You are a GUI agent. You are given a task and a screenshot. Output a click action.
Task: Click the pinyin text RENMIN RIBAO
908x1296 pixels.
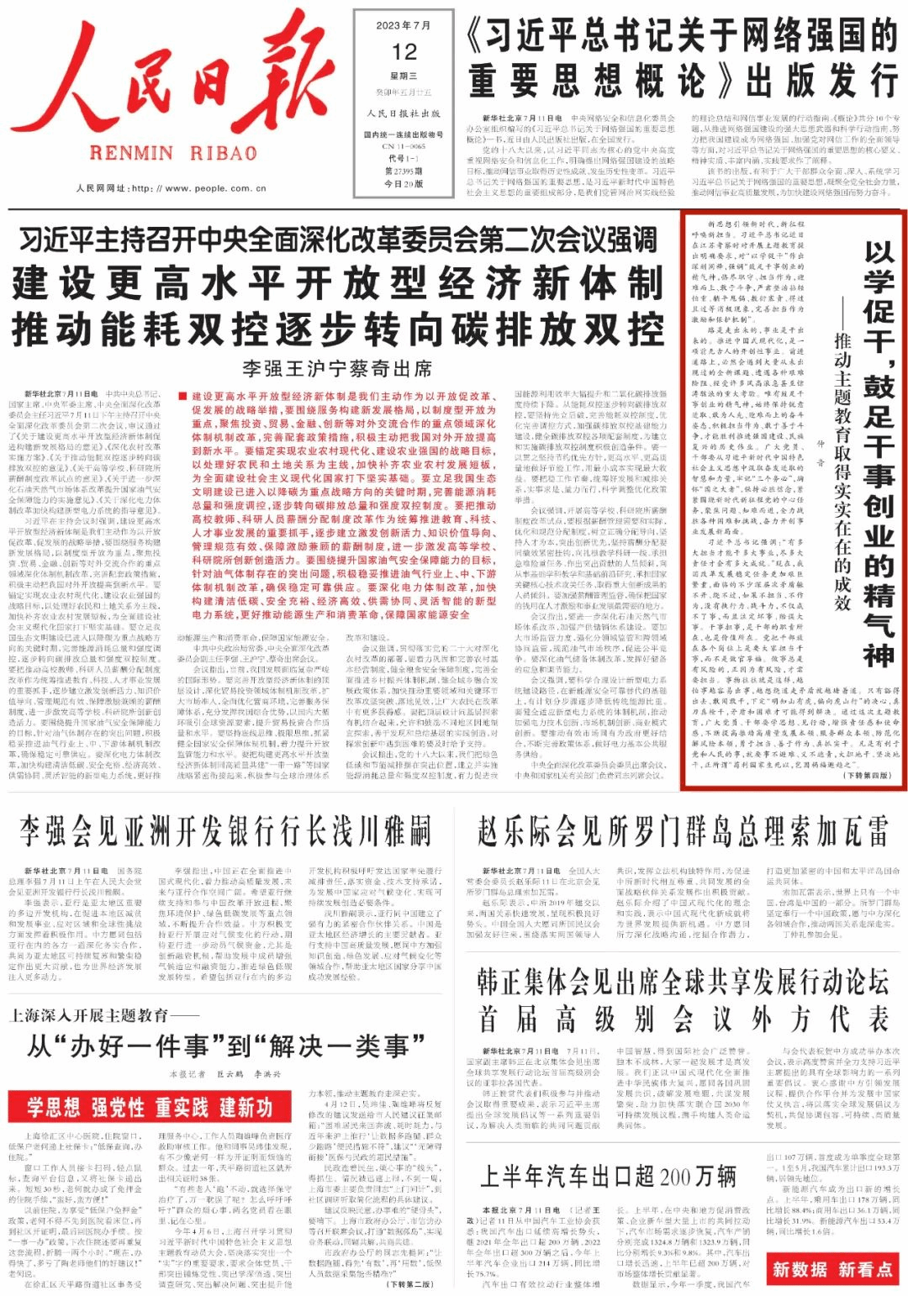[173, 153]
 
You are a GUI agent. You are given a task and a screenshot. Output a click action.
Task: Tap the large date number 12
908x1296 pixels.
[404, 52]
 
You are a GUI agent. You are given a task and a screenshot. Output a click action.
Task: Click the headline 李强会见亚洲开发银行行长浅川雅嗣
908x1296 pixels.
[225, 831]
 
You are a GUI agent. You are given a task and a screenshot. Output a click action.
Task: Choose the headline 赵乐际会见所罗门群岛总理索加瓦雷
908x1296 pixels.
[682, 831]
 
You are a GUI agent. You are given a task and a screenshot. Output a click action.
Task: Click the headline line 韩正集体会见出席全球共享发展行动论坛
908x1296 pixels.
[682, 981]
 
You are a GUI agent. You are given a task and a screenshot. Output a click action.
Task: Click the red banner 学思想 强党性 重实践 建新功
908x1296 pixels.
[150, 1107]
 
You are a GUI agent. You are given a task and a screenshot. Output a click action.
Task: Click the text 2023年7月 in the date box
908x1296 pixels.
[404, 25]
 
